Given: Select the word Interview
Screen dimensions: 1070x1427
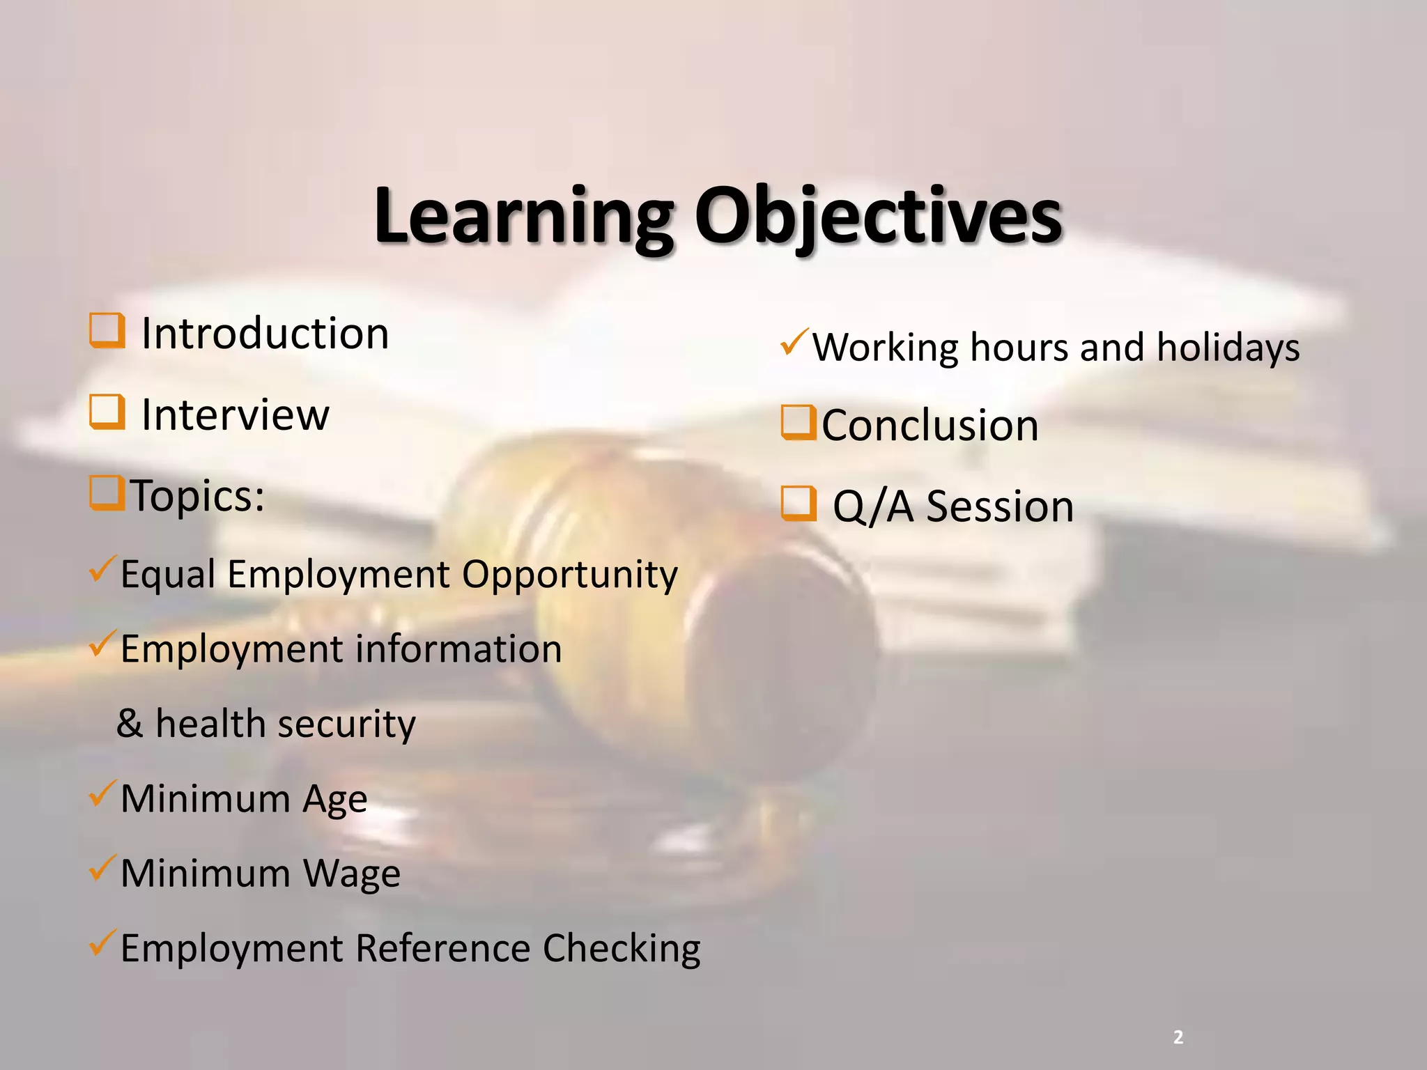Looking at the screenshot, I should tap(235, 415).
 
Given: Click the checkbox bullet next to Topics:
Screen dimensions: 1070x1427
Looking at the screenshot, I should tap(107, 493).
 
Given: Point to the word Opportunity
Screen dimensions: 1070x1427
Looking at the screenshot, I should tap(569, 575).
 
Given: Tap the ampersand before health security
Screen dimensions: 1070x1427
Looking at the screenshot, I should tap(130, 723).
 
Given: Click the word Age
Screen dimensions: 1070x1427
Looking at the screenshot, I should tap(334, 799).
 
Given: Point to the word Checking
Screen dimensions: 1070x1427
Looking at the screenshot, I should tap(622, 949).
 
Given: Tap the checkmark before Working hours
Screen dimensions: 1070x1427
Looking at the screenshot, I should tap(794, 341).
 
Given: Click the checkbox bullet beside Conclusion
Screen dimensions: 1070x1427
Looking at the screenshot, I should tap(799, 423).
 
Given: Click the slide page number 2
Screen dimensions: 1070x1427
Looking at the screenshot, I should tap(1178, 1037).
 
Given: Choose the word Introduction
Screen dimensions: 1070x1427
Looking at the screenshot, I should tap(265, 334).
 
